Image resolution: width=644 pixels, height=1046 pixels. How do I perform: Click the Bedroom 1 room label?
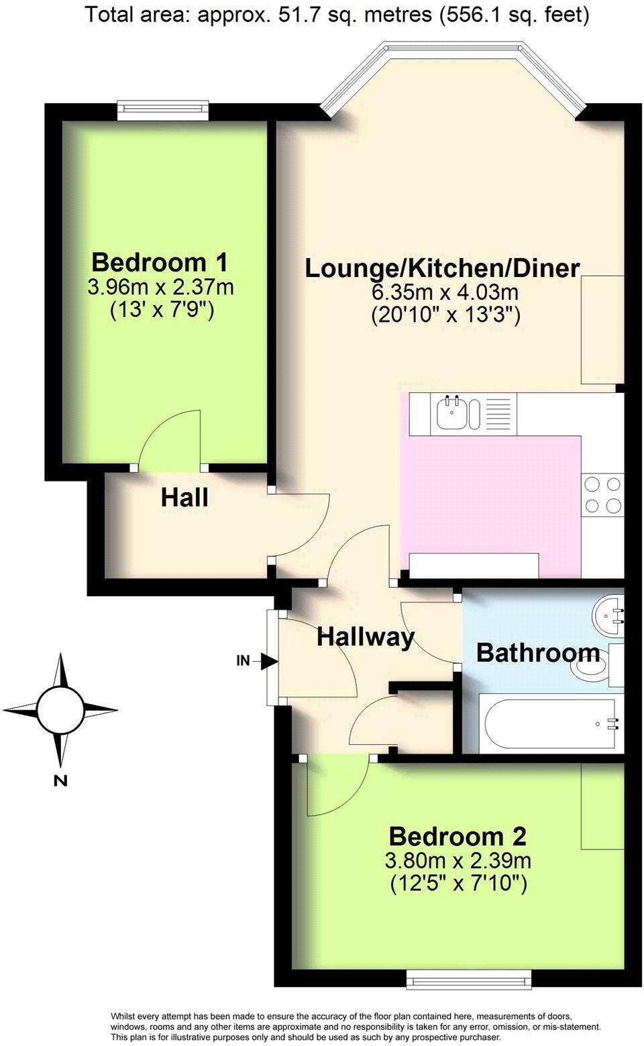coord(160,261)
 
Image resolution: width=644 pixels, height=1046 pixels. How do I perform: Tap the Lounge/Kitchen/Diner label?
coord(442,268)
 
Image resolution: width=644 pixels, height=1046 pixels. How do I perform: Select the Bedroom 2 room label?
coord(458,836)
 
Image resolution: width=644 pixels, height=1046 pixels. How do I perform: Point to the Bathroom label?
coord(537,652)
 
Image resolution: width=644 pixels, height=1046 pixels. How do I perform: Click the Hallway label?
coord(366,636)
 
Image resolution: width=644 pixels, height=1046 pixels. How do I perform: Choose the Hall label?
coord(184,498)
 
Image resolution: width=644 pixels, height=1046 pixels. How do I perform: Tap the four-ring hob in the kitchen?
coord(602,495)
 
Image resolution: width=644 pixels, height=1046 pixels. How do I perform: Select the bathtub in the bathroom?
coord(547,723)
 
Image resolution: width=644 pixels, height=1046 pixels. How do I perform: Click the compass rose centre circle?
coord(60,709)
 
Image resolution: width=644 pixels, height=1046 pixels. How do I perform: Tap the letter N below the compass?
coord(60,780)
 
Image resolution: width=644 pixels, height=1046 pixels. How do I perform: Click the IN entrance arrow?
coord(269,662)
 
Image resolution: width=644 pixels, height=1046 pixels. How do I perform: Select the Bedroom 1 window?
coord(162,109)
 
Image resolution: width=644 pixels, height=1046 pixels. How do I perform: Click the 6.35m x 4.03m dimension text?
coord(445,292)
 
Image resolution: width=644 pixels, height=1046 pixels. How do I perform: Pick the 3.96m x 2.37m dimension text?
coord(160,287)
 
